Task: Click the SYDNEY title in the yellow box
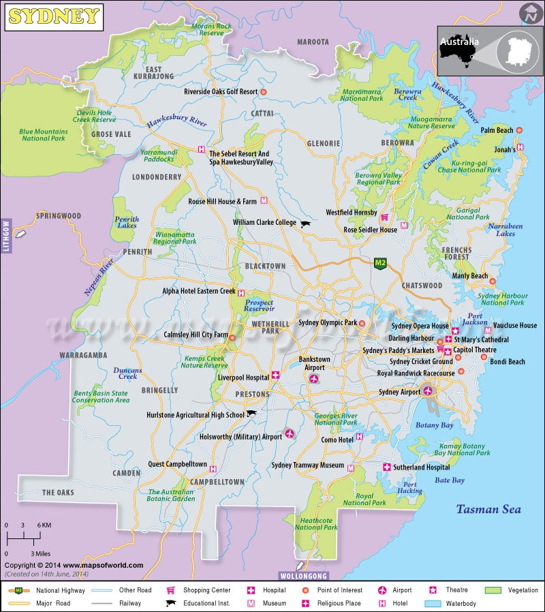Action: pos(54,17)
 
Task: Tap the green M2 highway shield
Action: pos(381,262)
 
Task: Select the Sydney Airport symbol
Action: pos(429,391)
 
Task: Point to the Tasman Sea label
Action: pos(488,509)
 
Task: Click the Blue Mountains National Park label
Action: pos(44,135)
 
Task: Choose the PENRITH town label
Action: pos(137,251)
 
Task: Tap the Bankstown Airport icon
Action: pos(314,379)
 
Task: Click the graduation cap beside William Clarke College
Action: pos(305,224)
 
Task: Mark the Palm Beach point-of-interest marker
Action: pos(519,130)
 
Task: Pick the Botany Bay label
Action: pos(434,425)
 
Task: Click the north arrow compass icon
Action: pos(529,13)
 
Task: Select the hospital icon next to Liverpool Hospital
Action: pos(275,375)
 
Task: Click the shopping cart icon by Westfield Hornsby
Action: pos(385,217)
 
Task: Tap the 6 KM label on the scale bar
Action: pos(44,525)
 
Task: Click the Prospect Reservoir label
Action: pos(259,306)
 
